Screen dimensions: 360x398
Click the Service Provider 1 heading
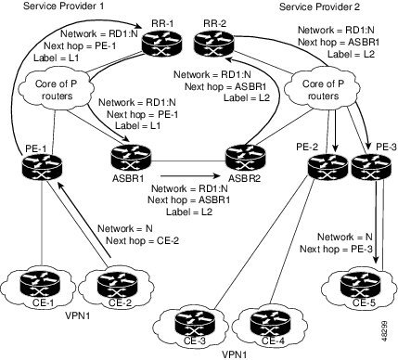click(x=62, y=6)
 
